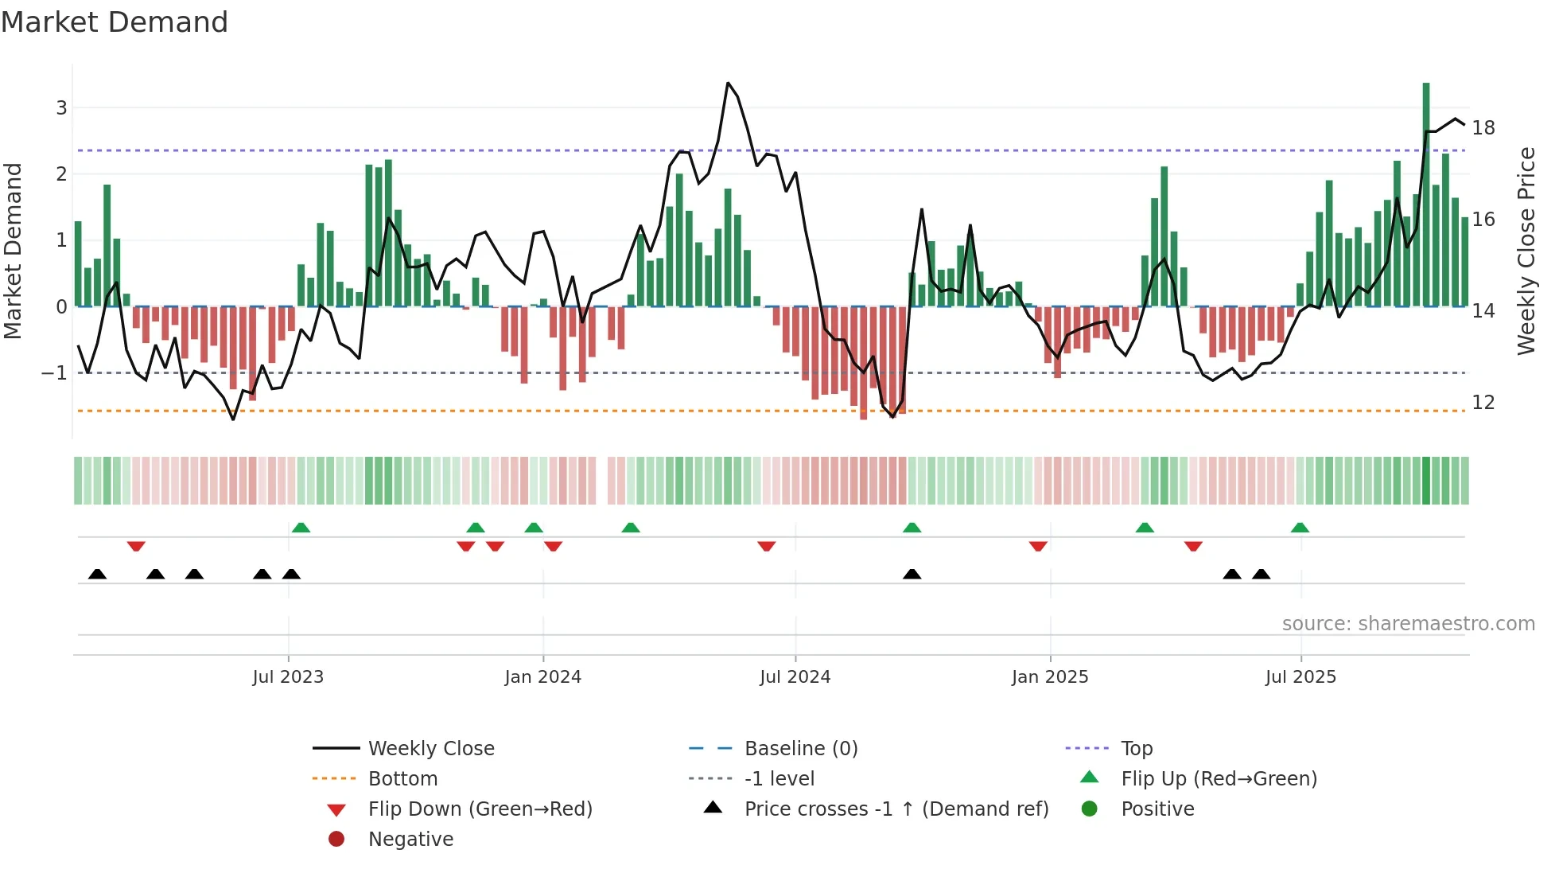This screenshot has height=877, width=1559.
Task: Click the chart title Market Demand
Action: [115, 22]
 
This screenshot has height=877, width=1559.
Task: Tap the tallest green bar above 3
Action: [1426, 191]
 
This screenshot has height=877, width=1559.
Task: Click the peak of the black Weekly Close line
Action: [728, 83]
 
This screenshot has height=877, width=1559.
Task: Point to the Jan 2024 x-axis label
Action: [542, 677]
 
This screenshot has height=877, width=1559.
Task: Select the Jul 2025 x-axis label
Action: [1300, 677]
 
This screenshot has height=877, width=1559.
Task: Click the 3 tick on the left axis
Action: [61, 107]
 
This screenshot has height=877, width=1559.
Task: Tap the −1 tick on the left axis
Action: [54, 372]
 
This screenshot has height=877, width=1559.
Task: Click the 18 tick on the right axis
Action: [1483, 128]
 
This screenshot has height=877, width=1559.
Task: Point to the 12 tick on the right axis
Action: [1483, 403]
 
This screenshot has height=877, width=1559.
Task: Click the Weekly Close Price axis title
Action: [1526, 251]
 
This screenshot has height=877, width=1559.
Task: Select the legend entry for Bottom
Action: [402, 778]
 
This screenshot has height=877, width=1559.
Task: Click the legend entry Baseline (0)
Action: [800, 748]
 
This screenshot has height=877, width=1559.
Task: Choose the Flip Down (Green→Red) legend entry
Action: [480, 809]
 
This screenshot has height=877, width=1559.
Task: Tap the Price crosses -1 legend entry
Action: [896, 809]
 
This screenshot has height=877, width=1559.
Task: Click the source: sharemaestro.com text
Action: [1408, 623]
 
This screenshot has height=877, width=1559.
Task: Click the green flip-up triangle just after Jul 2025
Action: [1300, 528]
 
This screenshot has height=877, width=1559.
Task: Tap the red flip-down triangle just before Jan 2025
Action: [1038, 546]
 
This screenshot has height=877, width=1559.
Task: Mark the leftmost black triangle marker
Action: [97, 574]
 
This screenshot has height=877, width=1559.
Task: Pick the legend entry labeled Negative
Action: [410, 839]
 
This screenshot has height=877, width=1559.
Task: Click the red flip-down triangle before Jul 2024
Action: [767, 546]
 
